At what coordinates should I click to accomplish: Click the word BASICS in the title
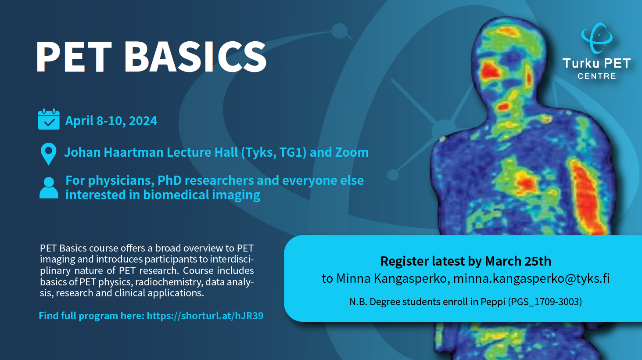195,57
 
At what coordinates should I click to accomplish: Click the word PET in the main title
74,57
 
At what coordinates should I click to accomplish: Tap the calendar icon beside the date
49,119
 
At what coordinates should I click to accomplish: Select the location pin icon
48,154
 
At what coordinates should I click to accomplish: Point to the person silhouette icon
49,188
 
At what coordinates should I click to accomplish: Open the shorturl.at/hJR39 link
205,316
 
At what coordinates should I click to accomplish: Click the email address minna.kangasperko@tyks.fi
531,279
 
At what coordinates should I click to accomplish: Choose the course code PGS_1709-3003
545,302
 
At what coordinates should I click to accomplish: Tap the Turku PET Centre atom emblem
597,38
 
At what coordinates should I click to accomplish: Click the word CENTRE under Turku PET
597,76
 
